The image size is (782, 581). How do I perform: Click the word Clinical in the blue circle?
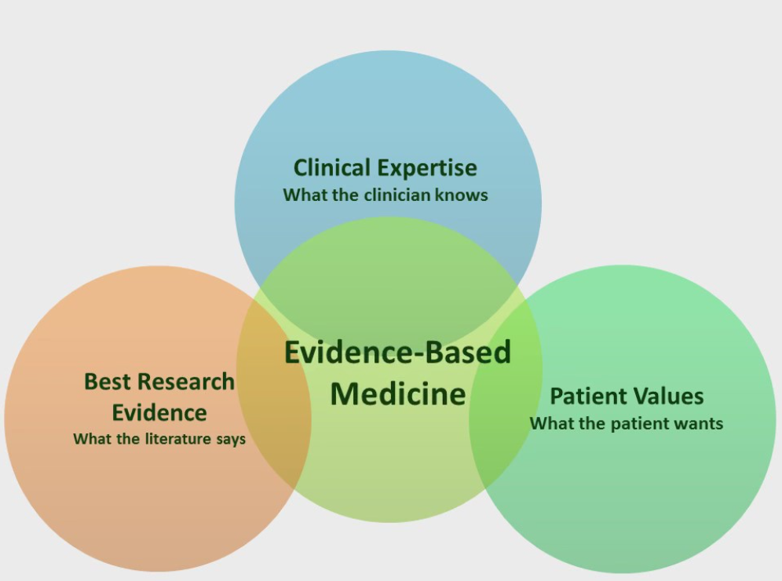tap(332, 168)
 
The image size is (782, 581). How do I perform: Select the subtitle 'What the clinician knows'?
tap(386, 195)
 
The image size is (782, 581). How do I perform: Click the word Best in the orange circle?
tap(106, 382)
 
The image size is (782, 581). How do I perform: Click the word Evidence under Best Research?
tap(159, 413)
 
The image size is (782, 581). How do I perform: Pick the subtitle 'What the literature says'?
tap(159, 439)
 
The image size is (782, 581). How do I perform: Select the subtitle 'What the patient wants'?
tap(626, 423)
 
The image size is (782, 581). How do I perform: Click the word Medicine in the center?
tap(397, 393)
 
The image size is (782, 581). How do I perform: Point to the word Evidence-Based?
tap(397, 352)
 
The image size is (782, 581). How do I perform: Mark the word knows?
tap(467, 195)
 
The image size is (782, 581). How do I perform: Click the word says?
tap(230, 439)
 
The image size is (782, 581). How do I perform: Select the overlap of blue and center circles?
tap(389, 275)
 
